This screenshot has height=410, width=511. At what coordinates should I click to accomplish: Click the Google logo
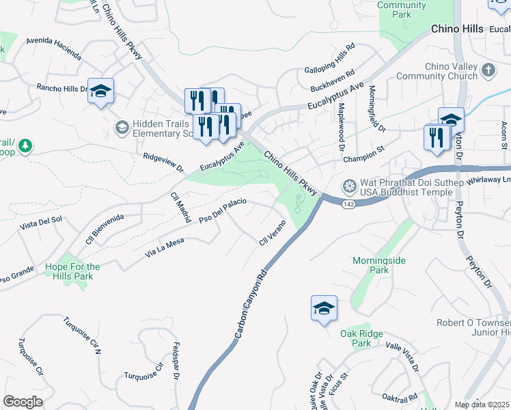click(23, 402)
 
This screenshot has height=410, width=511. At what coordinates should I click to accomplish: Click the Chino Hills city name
click(457, 29)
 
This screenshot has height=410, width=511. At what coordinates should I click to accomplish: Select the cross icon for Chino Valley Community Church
click(488, 70)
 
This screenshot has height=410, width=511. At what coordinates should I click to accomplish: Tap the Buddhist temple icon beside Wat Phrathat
click(350, 186)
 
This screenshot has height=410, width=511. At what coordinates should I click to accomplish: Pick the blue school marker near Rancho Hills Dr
click(101, 92)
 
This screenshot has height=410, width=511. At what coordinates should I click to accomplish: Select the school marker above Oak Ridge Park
click(324, 309)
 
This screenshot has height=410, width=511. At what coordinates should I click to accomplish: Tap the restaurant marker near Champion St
click(436, 137)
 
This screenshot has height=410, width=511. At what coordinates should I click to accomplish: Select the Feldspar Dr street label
click(176, 361)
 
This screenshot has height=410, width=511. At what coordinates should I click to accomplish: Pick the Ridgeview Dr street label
click(163, 162)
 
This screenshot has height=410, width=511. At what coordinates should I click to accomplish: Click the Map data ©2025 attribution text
click(482, 405)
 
